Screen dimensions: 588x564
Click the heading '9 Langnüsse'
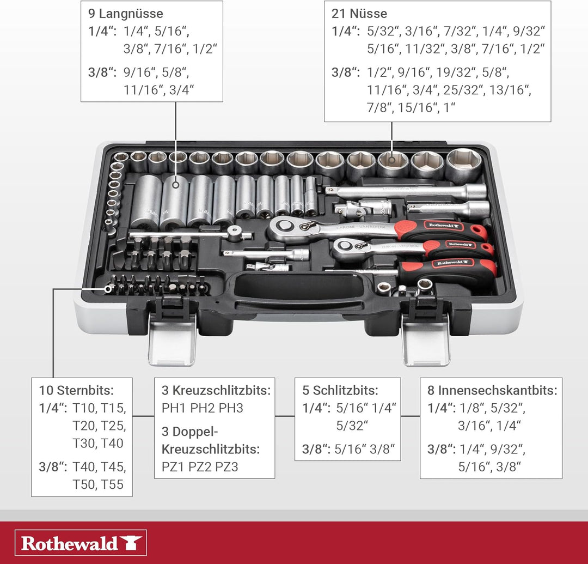pyautogui.click(x=126, y=14)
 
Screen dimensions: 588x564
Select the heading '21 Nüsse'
pyautogui.click(x=359, y=14)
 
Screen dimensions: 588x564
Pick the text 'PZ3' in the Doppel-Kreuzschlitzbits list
pyautogui.click(x=226, y=467)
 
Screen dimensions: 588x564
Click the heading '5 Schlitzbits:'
pyautogui.click(x=340, y=390)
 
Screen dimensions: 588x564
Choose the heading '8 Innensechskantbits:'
pyautogui.click(x=492, y=390)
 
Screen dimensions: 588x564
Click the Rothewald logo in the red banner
pyautogui.click(x=81, y=543)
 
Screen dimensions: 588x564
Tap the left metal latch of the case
pyautogui.click(x=172, y=339)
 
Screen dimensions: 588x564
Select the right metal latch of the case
pyautogui.click(x=426, y=339)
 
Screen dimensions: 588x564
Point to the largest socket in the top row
pyautogui.click(x=464, y=165)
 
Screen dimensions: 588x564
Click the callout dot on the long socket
pyautogui.click(x=175, y=185)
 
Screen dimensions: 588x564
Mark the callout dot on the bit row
pyautogui.click(x=108, y=289)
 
